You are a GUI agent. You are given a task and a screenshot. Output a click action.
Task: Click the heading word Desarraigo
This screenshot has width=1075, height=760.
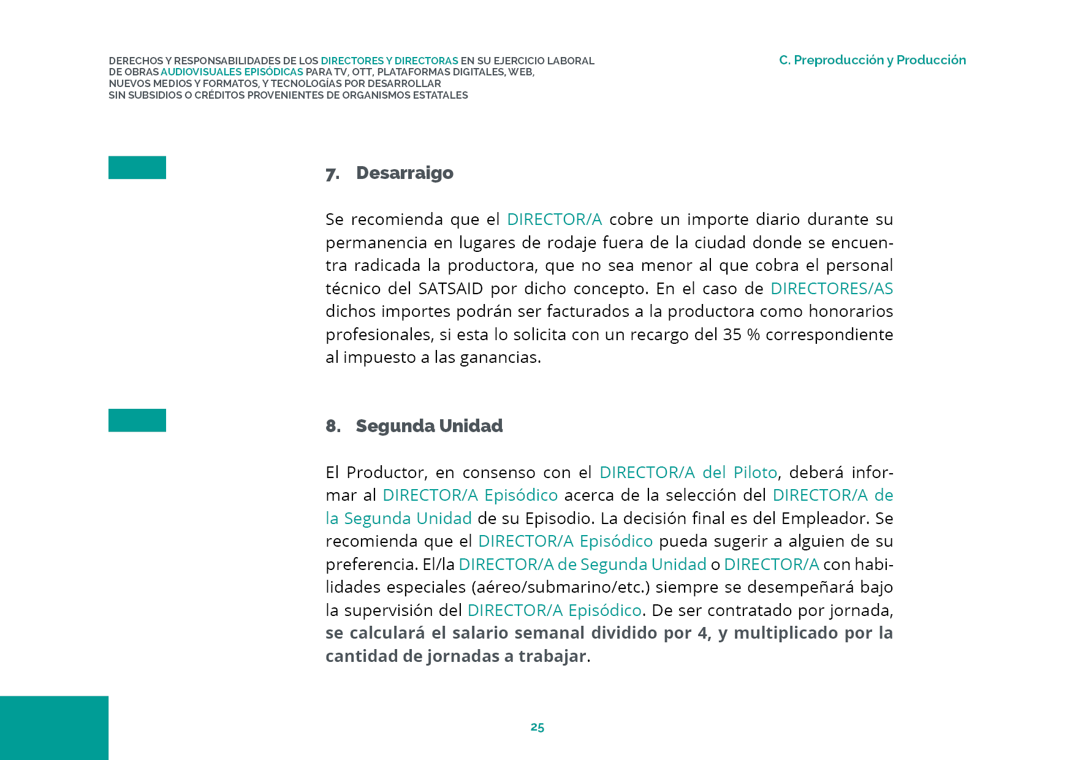point(405,173)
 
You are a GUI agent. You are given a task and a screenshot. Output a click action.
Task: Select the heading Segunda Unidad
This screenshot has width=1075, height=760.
point(429,426)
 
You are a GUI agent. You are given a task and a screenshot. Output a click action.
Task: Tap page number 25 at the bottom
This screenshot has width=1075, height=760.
point(537,727)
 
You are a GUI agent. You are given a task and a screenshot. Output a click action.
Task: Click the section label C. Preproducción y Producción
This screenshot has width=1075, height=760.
point(872,60)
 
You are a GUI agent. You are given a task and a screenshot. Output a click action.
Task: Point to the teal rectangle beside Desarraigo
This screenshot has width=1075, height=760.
point(137,167)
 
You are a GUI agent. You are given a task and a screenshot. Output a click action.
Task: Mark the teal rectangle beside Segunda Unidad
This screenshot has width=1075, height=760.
point(137,420)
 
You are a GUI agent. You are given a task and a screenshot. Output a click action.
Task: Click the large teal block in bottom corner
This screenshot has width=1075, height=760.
point(54,728)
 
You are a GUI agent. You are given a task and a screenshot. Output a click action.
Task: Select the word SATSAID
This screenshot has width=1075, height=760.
point(450,289)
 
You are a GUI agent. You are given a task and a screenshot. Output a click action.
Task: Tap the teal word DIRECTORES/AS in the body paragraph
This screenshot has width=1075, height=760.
point(831,289)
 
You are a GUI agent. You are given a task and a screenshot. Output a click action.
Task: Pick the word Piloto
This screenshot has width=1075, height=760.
point(755,473)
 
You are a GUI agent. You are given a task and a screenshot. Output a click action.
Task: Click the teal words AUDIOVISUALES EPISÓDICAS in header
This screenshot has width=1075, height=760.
point(232,72)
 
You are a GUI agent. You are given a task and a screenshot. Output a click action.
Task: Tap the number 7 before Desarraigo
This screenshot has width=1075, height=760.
point(332,175)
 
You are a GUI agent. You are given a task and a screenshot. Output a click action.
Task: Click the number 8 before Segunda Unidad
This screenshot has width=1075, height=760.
point(332,426)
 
